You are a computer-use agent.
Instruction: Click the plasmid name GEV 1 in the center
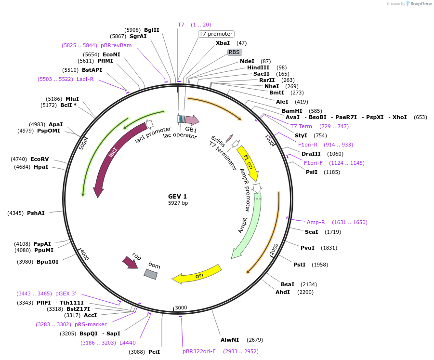coord(177,196)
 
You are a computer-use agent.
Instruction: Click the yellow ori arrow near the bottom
coord(197,274)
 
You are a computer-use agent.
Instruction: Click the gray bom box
coord(151,274)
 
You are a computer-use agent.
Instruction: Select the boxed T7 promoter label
coord(216,34)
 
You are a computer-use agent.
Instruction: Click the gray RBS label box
coord(234,52)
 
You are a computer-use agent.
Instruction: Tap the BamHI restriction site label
coord(292,111)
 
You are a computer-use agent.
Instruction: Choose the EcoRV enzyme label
coord(39,159)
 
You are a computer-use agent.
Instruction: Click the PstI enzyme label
coord(300,265)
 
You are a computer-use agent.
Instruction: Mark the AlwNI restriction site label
coord(229,340)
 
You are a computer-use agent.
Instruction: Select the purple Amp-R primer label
coord(316,222)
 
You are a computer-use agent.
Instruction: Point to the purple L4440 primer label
coord(128,343)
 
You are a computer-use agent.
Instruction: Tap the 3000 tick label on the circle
coord(181,307)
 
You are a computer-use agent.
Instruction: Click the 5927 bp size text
coord(178,203)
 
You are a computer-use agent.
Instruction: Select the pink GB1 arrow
coord(191,120)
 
